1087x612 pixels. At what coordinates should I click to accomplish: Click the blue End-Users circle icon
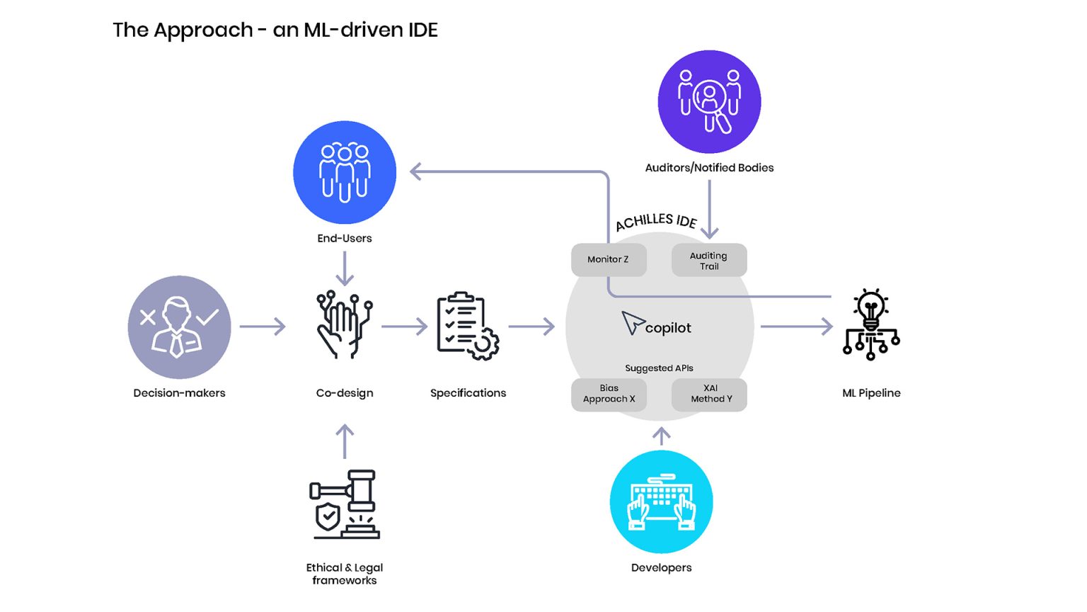(x=345, y=172)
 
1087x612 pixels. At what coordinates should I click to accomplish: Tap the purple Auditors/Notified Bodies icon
(x=709, y=101)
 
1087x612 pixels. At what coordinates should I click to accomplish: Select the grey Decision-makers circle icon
(x=179, y=327)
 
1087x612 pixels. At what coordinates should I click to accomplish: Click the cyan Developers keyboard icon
(x=661, y=501)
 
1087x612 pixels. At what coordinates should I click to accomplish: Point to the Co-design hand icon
(x=344, y=325)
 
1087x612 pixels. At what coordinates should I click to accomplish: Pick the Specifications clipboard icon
(x=468, y=326)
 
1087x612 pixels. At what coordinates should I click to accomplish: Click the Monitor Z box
(x=608, y=259)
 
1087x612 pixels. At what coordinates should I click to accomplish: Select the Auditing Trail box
(x=708, y=261)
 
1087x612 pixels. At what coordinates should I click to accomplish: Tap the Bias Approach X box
(x=609, y=394)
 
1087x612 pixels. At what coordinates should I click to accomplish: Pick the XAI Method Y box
(x=709, y=394)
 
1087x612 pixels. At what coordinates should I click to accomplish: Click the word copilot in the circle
(x=667, y=328)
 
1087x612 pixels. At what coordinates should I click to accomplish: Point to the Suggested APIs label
(x=659, y=368)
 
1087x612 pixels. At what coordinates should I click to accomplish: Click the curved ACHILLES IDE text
(x=656, y=221)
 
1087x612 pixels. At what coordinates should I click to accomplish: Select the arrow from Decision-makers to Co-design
(x=263, y=327)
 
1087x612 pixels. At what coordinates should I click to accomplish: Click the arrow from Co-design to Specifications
(x=404, y=327)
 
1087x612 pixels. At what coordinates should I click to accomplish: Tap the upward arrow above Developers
(x=661, y=436)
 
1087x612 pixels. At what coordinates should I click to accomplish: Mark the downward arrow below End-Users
(x=345, y=268)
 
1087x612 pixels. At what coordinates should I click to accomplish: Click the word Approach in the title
(x=203, y=30)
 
